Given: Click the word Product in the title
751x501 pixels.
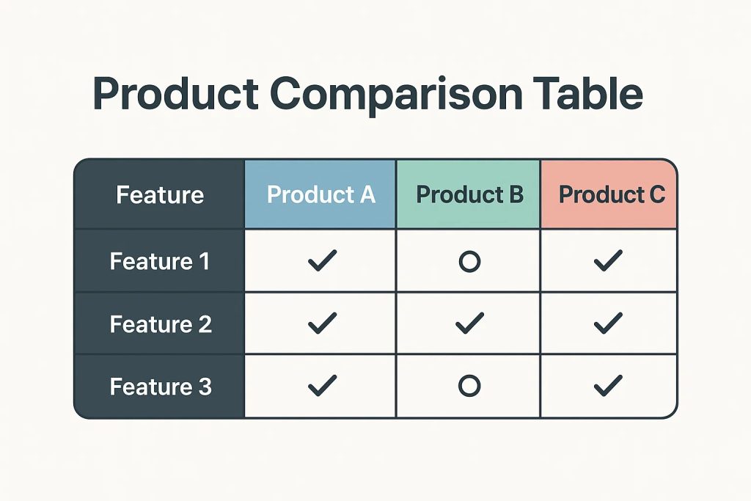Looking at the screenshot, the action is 176,93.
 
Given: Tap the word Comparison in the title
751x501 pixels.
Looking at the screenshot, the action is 396,95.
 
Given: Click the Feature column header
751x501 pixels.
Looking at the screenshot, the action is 160,195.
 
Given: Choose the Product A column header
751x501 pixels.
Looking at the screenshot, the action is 321,194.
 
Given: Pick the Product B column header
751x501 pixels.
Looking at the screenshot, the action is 469,194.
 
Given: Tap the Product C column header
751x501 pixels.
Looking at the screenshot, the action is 612,194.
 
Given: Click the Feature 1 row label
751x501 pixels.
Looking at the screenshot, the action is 160,262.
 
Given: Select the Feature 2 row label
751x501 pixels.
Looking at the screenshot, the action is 161,324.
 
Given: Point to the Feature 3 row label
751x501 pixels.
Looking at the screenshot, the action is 161,387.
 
